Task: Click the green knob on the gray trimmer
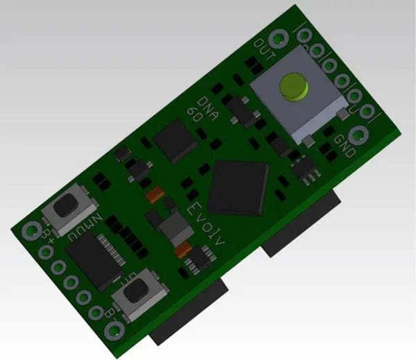pyautogui.click(x=293, y=88)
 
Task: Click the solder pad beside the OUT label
pyautogui.click(x=280, y=38)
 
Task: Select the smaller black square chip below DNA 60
pyautogui.click(x=172, y=141)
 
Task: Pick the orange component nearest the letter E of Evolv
pyautogui.click(x=156, y=196)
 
